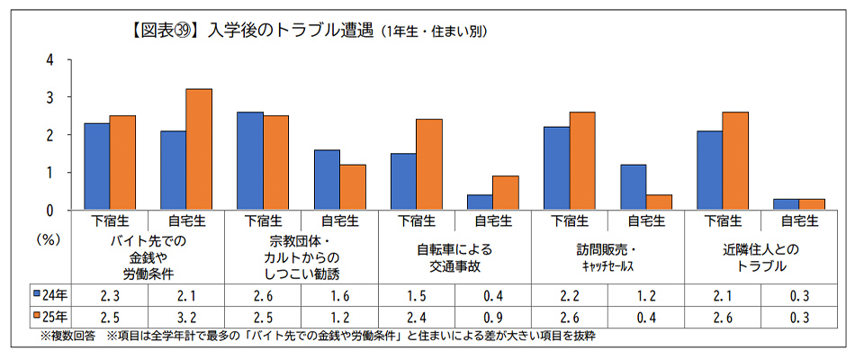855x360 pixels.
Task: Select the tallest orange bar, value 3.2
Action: click(x=199, y=149)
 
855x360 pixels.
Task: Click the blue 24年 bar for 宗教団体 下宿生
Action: click(x=250, y=161)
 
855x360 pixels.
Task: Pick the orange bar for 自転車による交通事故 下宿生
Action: click(x=428, y=165)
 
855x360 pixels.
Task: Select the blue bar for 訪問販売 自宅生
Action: click(x=633, y=187)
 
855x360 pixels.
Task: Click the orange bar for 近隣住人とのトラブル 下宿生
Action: click(x=734, y=161)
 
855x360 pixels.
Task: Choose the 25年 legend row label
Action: click(x=48, y=317)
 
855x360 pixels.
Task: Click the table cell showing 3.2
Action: click(x=186, y=317)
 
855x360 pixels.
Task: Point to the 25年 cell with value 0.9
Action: click(x=493, y=317)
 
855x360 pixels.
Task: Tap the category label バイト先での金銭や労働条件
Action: click(x=148, y=257)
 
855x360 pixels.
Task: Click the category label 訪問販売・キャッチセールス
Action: click(x=609, y=257)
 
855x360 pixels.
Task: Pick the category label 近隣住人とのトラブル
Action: click(x=761, y=257)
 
